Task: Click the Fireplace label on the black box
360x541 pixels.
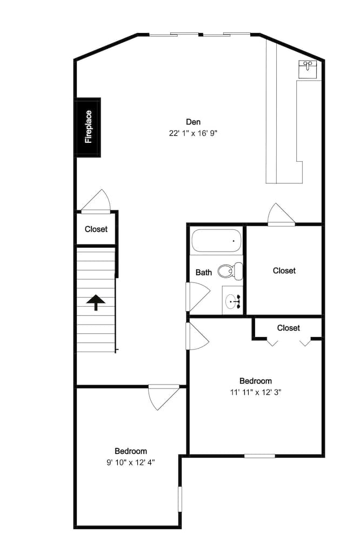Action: (88, 128)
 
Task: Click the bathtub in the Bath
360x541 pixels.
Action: (216, 241)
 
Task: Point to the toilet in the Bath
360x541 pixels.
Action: (230, 270)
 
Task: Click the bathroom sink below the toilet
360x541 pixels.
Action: (234, 300)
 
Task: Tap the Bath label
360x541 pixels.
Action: (203, 272)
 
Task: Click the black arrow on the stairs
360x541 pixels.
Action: (96, 302)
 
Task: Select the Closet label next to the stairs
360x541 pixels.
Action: (96, 229)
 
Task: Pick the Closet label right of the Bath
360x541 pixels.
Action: (284, 270)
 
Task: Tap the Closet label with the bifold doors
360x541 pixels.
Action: (288, 328)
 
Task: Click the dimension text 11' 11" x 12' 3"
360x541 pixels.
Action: (256, 392)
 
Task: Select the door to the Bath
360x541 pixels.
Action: (196, 296)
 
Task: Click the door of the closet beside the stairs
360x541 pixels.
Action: (96, 202)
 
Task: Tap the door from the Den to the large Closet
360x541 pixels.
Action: (281, 215)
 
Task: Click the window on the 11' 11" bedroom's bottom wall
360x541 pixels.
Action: (259, 456)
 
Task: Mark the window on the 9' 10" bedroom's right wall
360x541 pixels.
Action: (180, 498)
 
